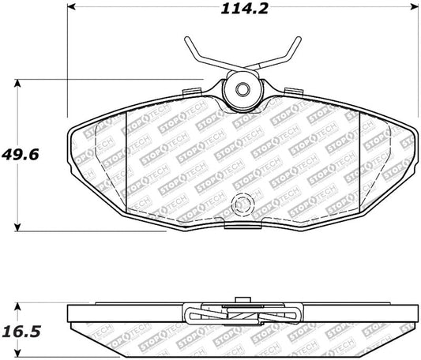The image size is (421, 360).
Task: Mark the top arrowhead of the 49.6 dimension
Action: click(18, 82)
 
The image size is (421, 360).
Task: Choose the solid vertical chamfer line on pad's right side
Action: click(358, 162)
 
